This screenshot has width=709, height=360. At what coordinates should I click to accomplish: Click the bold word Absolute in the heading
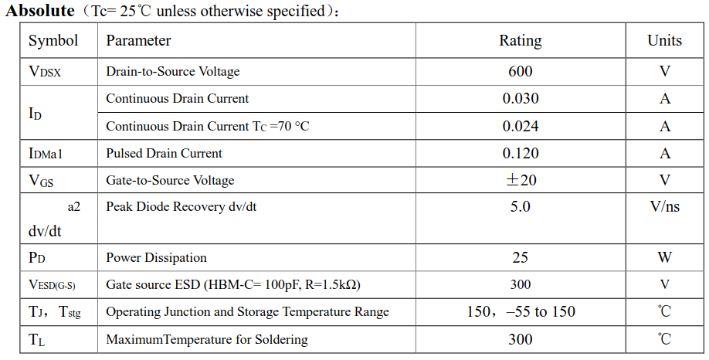(x=40, y=11)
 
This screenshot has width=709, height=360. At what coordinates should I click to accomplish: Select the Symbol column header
(x=53, y=40)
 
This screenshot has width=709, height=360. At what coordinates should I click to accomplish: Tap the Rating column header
(x=520, y=40)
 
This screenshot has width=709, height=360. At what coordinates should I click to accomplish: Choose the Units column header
(x=664, y=40)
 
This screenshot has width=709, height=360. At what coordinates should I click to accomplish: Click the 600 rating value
(x=520, y=71)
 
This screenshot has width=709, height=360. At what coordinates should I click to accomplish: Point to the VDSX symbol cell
(x=45, y=72)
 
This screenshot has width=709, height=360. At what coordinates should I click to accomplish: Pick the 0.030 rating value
(x=520, y=98)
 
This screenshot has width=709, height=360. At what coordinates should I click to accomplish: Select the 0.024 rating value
(x=520, y=126)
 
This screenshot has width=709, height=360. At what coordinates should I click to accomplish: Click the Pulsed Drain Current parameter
(x=164, y=153)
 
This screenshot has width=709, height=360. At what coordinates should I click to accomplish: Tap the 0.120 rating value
(x=520, y=153)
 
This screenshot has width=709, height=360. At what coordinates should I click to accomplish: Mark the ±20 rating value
(x=520, y=180)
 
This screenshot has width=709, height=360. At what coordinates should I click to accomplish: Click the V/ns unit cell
(x=664, y=207)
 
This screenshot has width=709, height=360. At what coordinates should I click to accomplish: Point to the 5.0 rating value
(x=520, y=207)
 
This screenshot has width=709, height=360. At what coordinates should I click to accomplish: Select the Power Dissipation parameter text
(x=156, y=257)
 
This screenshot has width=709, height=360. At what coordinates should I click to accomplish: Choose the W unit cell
(x=664, y=257)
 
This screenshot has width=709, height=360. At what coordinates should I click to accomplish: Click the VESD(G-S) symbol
(x=52, y=285)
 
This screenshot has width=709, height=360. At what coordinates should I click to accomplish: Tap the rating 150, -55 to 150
(x=520, y=312)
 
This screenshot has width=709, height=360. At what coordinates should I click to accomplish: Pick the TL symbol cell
(x=36, y=340)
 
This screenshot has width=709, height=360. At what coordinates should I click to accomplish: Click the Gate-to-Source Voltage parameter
(x=170, y=180)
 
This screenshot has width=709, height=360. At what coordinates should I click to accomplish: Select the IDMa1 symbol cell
(x=46, y=154)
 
